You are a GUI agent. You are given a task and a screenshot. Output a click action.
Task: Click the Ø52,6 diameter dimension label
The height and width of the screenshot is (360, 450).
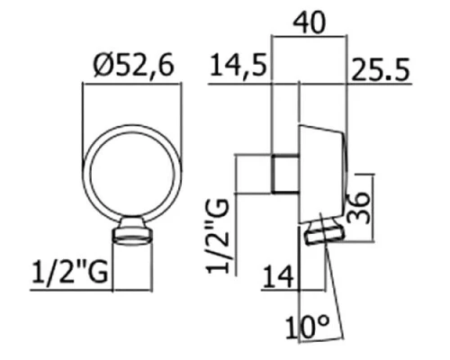pos(133,66)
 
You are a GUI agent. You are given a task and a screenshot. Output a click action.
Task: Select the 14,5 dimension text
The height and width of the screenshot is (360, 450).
pos(238,66)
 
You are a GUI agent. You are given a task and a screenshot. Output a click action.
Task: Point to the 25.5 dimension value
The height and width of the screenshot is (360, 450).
pos(380,70)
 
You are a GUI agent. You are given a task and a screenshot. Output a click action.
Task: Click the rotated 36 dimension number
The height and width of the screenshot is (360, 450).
pos(358,208)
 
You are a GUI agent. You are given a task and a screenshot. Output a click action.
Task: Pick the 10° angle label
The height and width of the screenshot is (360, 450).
pos(308,327)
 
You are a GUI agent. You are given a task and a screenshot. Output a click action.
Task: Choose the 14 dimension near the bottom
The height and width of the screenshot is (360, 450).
pos(278,276)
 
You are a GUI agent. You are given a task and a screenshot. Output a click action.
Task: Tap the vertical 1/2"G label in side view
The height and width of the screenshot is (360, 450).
pos(218,237)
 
